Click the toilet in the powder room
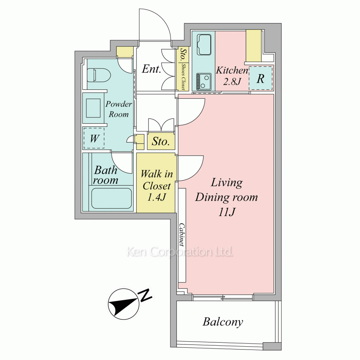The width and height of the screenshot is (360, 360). [x=99, y=75]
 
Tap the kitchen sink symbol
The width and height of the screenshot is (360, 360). [x=204, y=45]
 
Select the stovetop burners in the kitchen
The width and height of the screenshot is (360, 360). [x=204, y=82]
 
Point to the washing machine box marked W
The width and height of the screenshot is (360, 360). [x=94, y=138]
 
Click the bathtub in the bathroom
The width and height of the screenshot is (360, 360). [x=112, y=198]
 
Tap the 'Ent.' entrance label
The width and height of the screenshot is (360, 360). [x=151, y=69]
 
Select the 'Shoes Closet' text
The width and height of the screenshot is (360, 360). [x=183, y=76]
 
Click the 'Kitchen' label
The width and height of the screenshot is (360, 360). [x=232, y=70]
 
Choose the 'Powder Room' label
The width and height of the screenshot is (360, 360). [x=118, y=109]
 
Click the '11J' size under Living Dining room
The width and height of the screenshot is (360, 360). [x=226, y=212]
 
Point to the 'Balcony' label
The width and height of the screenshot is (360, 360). [x=223, y=322]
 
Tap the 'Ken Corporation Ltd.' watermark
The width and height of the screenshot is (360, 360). [x=180, y=252]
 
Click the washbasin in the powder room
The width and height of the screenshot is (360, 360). [x=93, y=108]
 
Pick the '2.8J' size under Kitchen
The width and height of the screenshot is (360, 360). [x=232, y=81]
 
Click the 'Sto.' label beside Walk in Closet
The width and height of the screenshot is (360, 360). [x=161, y=141]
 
